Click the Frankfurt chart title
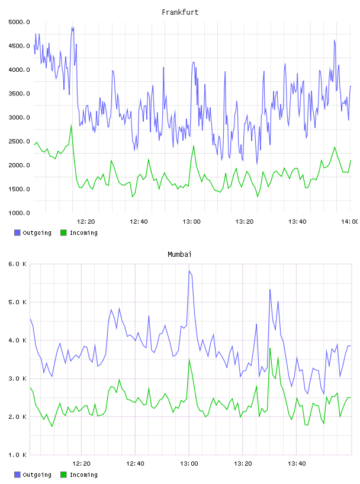click(180, 12)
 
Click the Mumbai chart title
click(179, 254)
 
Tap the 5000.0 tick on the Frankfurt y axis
click(19, 22)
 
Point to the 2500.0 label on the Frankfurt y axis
click(19, 141)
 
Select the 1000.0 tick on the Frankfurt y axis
click(19, 213)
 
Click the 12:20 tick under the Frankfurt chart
click(86, 222)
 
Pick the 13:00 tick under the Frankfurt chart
click(191, 222)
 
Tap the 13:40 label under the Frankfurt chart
click(297, 222)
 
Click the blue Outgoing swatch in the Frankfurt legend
click(17, 233)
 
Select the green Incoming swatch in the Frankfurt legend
click(63, 233)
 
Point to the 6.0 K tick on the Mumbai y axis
click(17, 264)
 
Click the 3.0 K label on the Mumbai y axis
click(17, 379)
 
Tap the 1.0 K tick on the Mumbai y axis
click(17, 455)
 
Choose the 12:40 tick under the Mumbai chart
click(135, 464)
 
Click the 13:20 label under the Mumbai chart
click(243, 464)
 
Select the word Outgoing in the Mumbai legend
click(37, 475)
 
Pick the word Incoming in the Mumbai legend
click(83, 475)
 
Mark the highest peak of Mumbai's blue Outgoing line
click(189, 270)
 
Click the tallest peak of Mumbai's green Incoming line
click(270, 348)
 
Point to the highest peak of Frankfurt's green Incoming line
click(72, 125)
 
